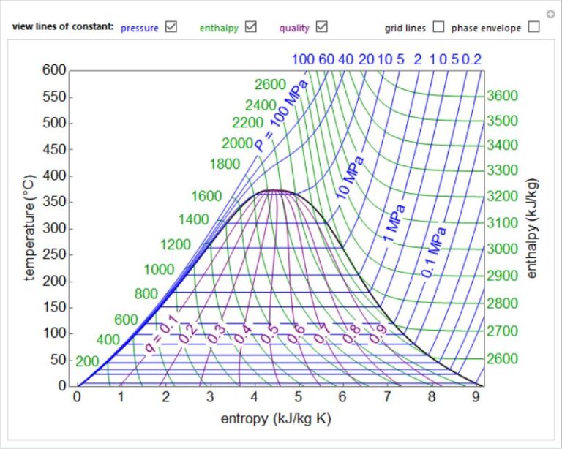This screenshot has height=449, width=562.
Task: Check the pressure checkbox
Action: pyautogui.click(x=171, y=27)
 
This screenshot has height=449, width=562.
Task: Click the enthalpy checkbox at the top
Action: pyautogui.click(x=251, y=27)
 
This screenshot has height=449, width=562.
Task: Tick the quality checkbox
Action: pyautogui.click(x=321, y=27)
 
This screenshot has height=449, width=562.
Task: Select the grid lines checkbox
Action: pyautogui.click(x=438, y=27)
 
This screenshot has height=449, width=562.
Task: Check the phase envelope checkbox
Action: pyautogui.click(x=533, y=27)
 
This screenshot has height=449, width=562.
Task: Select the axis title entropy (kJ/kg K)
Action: pyautogui.click(x=277, y=420)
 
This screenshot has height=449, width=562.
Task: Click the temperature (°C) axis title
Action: pyautogui.click(x=30, y=227)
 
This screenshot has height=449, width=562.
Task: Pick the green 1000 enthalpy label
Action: pyautogui.click(x=159, y=270)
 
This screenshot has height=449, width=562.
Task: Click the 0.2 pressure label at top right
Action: pyautogui.click(x=472, y=59)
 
